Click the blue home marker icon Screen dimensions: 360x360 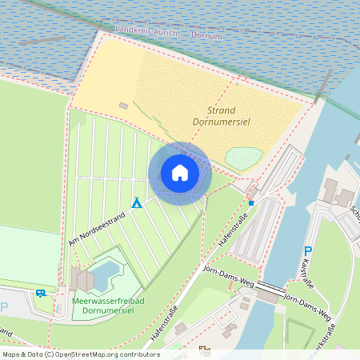click(180, 173)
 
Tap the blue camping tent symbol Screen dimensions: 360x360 click(137, 202)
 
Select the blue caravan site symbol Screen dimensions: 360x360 click(41, 294)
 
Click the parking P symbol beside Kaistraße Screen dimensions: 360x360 click(307, 251)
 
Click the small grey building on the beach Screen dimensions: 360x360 click(123, 105)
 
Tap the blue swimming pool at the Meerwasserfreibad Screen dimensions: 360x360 click(105, 274)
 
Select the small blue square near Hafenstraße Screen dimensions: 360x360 click(251, 203)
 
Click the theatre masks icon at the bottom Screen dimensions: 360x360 click(204, 349)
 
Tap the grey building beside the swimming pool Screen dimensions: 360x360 click(83, 280)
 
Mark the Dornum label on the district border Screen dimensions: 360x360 click(206, 35)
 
